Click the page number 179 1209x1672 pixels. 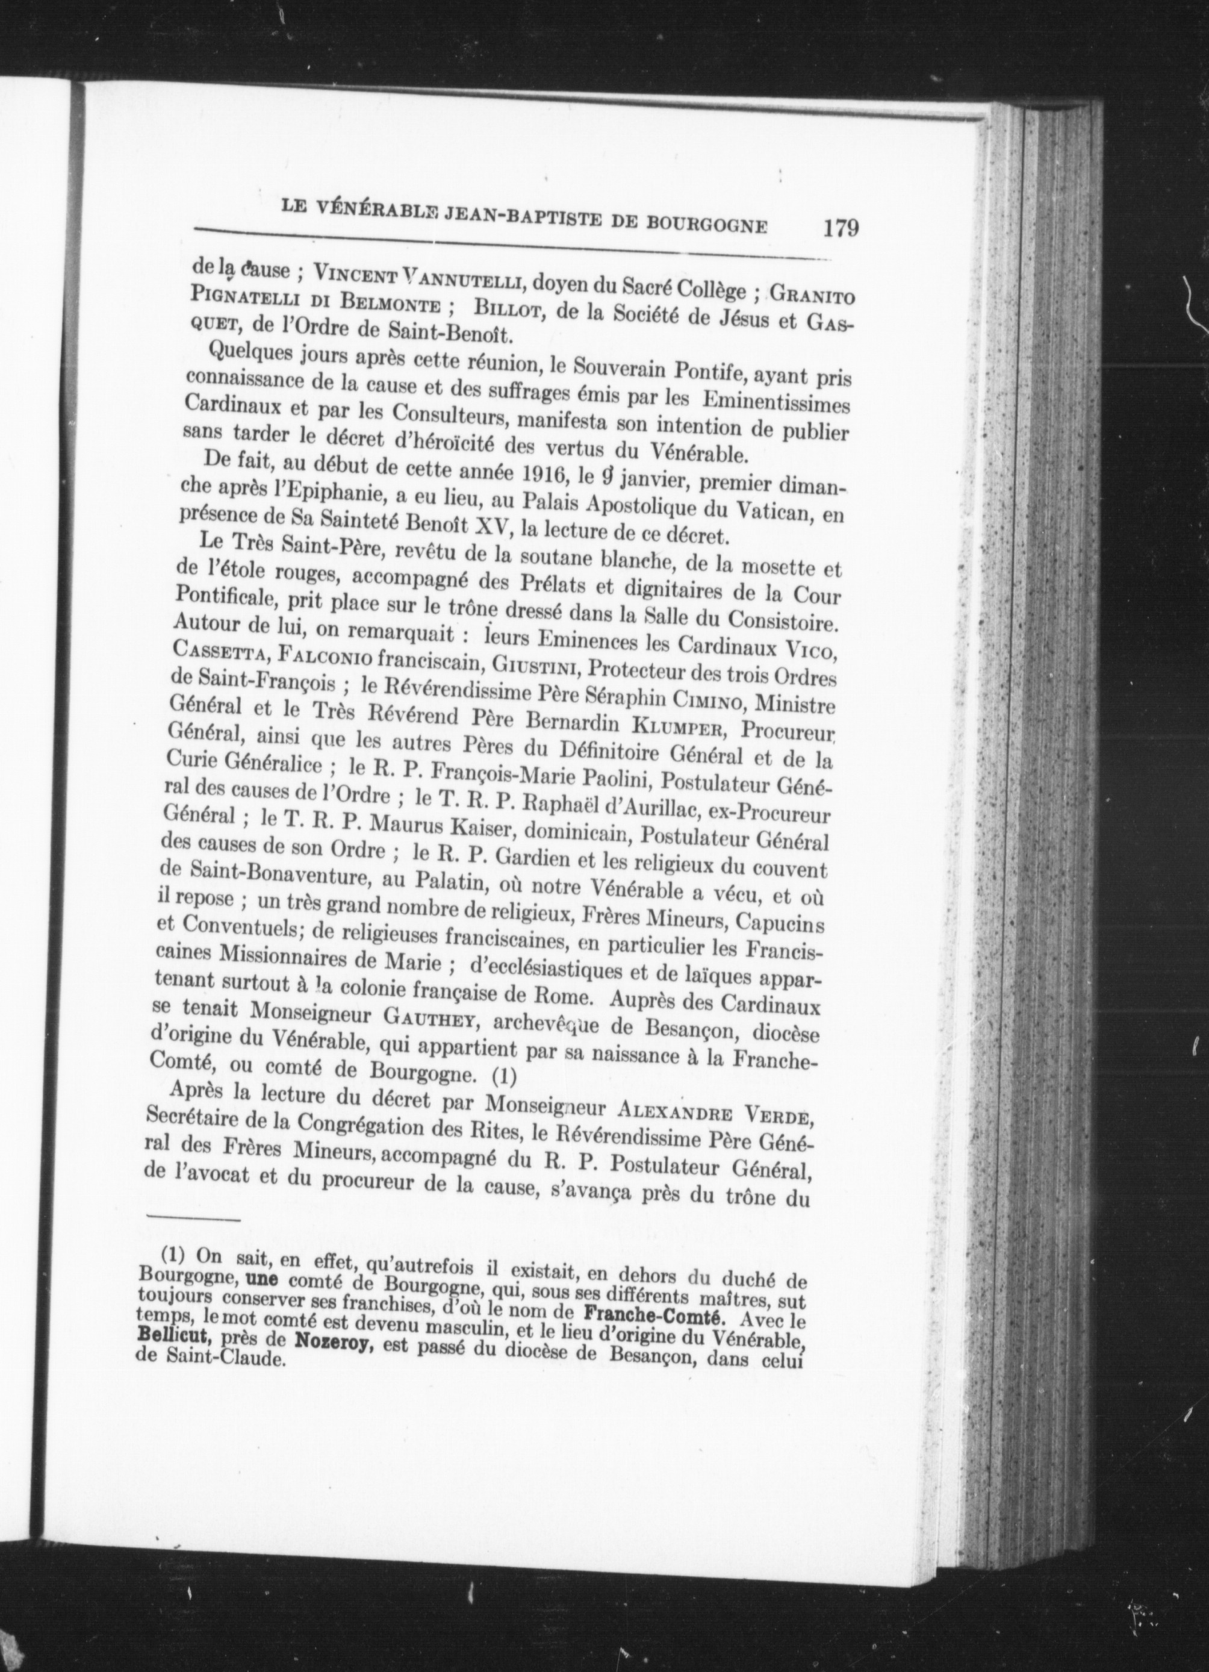click(841, 226)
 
